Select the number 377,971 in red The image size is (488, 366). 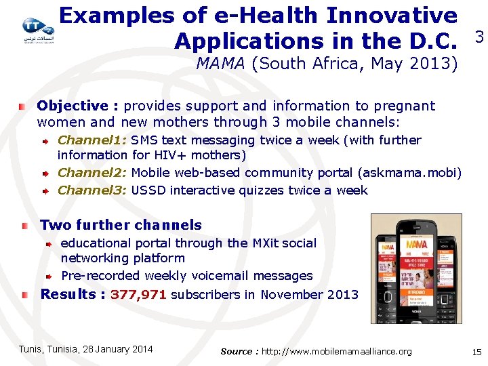[x=139, y=295]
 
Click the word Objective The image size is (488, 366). [x=73, y=106]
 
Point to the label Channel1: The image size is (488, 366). [x=92, y=140]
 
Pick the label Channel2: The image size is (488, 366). [x=92, y=173]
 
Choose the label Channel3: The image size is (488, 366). [x=92, y=190]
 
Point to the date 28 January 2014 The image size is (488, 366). [x=117, y=349]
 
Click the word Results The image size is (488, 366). [x=68, y=294]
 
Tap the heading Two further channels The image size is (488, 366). [x=121, y=225]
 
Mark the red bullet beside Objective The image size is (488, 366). [x=23, y=106]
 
